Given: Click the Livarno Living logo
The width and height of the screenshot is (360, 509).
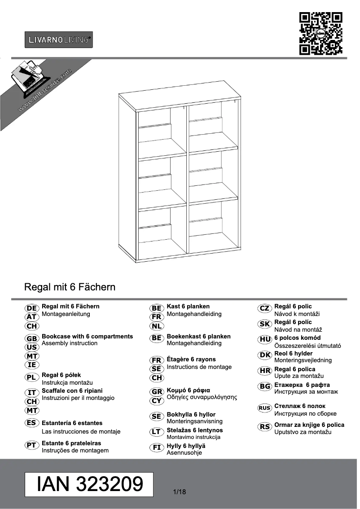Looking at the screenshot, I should point(59,40).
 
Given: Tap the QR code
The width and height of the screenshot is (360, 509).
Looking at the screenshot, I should point(320,34).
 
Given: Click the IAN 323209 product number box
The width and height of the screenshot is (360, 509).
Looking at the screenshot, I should point(89,484).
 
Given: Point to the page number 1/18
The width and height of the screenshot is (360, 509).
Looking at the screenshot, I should point(179,492).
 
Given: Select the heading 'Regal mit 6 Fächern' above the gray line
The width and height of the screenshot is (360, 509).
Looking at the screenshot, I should point(70,286).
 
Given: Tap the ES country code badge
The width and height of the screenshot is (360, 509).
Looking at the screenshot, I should point(31,423).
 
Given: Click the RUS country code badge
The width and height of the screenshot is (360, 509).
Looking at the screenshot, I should point(264,408).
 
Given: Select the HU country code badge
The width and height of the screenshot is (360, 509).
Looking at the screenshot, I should point(264,340).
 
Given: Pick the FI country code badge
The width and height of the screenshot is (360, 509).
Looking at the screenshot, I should point(157,448).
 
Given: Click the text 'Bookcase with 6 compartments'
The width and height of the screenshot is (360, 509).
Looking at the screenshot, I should point(87,336).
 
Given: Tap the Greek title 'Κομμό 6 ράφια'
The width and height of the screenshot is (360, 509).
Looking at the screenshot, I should point(189,390).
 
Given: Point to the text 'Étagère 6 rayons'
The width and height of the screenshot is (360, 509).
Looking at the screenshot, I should point(191,359).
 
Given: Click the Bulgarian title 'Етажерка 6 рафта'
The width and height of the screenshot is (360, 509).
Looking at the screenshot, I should point(302,385).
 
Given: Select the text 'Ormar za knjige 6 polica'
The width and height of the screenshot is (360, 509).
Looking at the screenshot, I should point(309,425).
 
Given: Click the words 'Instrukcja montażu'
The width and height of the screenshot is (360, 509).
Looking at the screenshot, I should point(67,382).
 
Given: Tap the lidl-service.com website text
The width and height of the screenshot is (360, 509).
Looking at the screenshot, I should point(45,90).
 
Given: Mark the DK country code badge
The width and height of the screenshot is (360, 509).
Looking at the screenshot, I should point(264,355).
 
